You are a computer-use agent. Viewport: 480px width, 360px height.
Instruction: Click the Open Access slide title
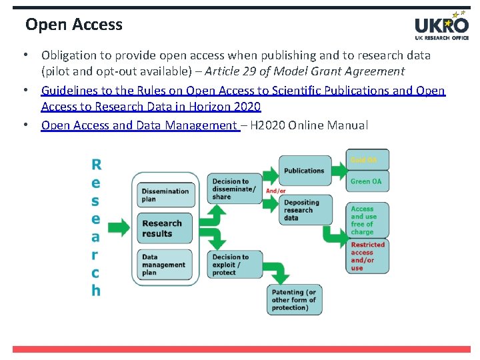[x=74, y=25]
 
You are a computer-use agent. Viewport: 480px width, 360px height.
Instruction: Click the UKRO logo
[x=441, y=27]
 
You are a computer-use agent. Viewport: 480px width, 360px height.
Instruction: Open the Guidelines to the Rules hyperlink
[x=243, y=91]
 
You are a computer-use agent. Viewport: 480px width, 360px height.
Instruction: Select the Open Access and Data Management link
[x=139, y=125]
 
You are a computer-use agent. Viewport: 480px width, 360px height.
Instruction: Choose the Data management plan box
[x=164, y=265]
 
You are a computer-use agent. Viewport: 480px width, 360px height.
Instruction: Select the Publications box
[x=304, y=171]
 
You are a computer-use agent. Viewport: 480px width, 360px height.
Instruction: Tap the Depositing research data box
[x=304, y=210]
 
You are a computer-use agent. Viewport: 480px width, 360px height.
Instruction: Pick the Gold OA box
[x=367, y=160]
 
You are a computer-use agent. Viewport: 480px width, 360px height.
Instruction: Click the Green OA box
[x=367, y=181]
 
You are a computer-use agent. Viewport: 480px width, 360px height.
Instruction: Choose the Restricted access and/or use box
[x=367, y=257]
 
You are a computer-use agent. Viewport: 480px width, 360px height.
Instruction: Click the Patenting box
[x=294, y=300]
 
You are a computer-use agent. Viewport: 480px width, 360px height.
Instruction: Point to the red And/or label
[x=276, y=191]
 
